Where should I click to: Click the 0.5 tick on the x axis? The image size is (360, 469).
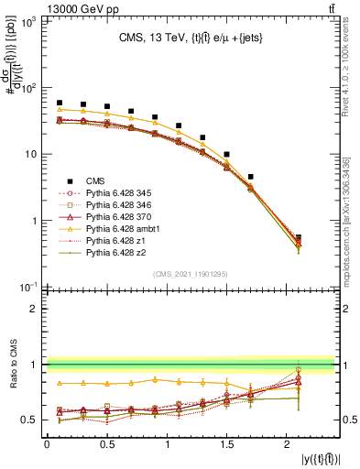pos(107,445)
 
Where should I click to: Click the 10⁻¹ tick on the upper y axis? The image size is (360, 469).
pos(30,287)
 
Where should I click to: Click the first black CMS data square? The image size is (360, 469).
pos(60,104)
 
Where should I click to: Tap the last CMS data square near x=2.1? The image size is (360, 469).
pos(299,238)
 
